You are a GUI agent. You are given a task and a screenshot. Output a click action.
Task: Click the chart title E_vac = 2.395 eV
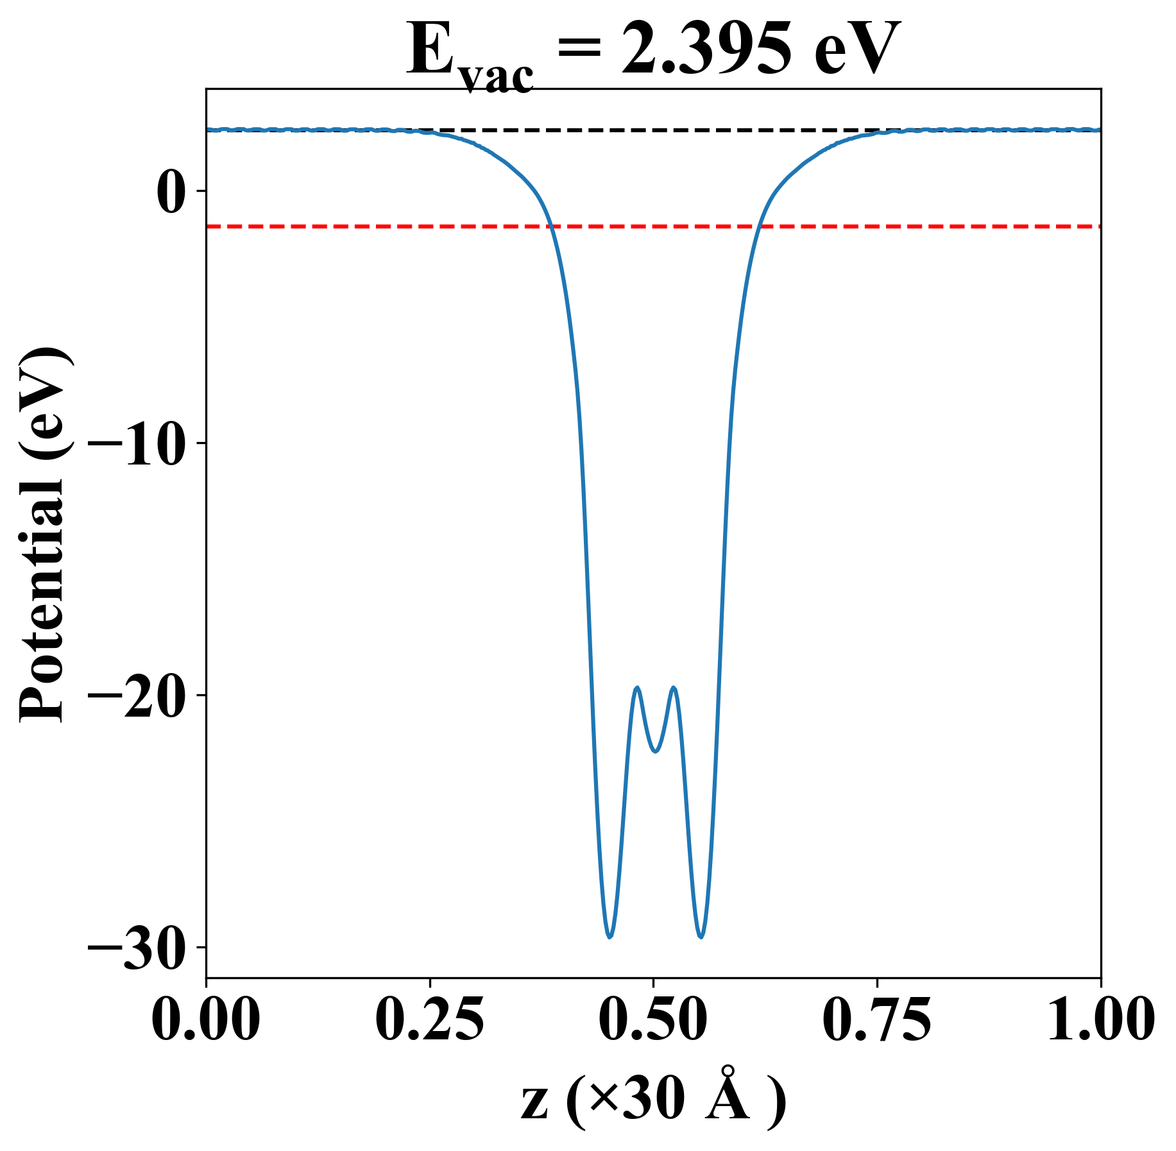click(652, 53)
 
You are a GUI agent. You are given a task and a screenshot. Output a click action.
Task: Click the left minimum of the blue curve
click(609, 937)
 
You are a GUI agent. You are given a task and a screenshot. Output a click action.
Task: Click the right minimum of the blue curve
click(701, 937)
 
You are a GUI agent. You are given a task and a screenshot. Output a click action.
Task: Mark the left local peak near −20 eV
click(637, 688)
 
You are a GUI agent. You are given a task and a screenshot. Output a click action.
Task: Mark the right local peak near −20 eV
click(674, 688)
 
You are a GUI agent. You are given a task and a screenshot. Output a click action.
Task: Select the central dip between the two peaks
click(655, 751)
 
